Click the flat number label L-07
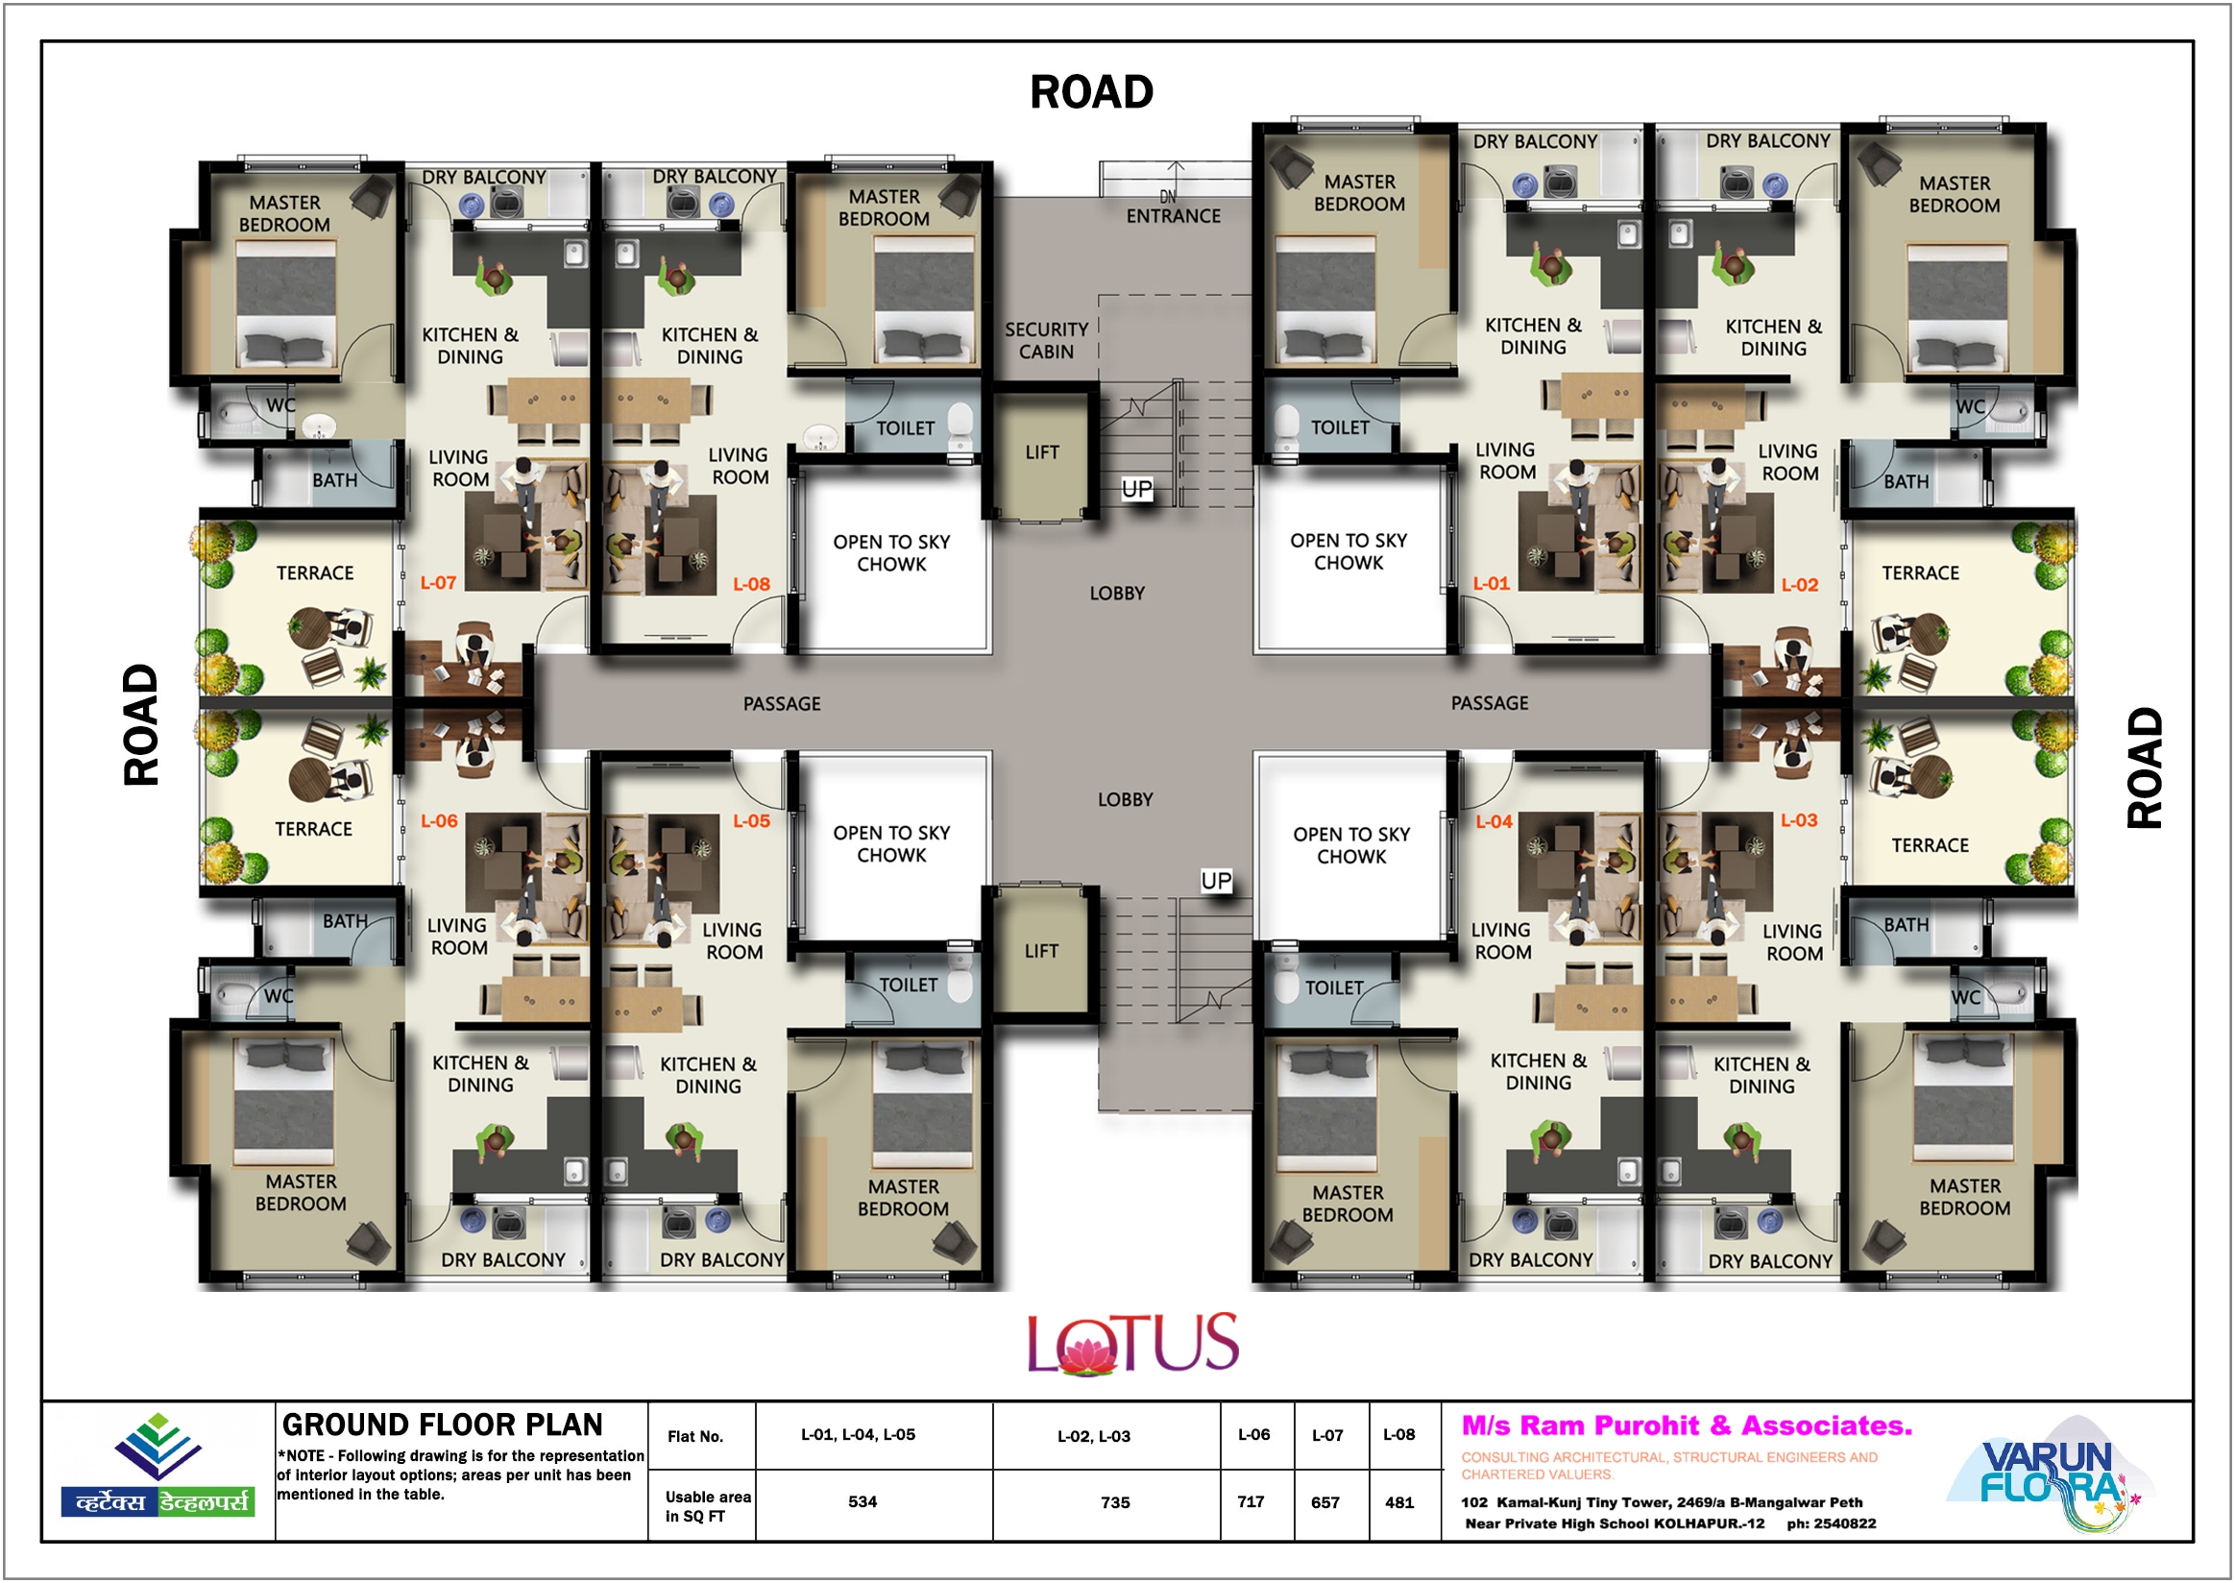coord(438,583)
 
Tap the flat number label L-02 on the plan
coord(1799,585)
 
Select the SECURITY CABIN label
coord(1046,340)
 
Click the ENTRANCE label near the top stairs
coord(1173,215)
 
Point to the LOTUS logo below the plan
coord(1132,1343)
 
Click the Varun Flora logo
coord(2050,1473)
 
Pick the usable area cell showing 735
coord(1115,1502)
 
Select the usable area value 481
coord(1398,1502)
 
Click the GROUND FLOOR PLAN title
coord(442,1425)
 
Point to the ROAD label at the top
coord(1092,91)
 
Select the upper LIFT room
coord(1041,452)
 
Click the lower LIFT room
coord(1041,950)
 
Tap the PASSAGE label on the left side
coord(782,704)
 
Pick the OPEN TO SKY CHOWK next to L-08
coord(891,552)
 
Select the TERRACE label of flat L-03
coord(1929,845)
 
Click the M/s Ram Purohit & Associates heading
coord(1687,1425)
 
